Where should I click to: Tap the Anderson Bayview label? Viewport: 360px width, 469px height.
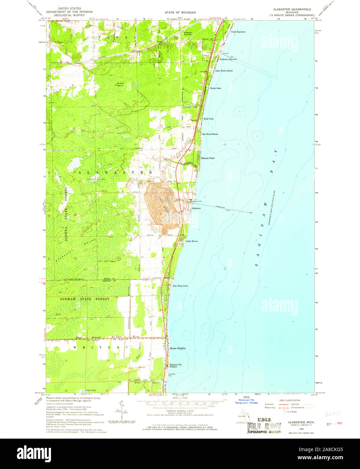click(x=228, y=59)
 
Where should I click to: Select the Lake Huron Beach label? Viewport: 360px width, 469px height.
click(x=224, y=71)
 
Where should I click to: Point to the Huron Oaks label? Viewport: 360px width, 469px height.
click(x=215, y=88)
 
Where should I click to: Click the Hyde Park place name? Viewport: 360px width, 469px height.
click(x=208, y=119)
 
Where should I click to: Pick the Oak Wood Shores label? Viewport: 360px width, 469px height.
click(x=210, y=134)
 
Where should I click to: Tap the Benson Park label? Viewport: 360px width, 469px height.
click(x=208, y=158)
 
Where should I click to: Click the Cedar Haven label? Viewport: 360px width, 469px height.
click(x=191, y=241)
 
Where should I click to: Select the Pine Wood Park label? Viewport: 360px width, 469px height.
click(x=180, y=286)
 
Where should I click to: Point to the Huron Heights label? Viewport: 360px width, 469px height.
click(x=178, y=348)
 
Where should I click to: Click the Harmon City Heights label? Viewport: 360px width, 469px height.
click(x=176, y=365)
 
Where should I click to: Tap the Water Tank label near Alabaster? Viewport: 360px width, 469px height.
click(x=197, y=201)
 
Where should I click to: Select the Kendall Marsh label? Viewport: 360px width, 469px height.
click(x=121, y=84)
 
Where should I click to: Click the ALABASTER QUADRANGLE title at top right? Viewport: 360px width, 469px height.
click(x=292, y=9)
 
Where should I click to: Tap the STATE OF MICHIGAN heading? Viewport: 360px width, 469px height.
click(x=180, y=12)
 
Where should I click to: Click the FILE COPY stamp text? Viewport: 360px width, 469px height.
click(x=264, y=427)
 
